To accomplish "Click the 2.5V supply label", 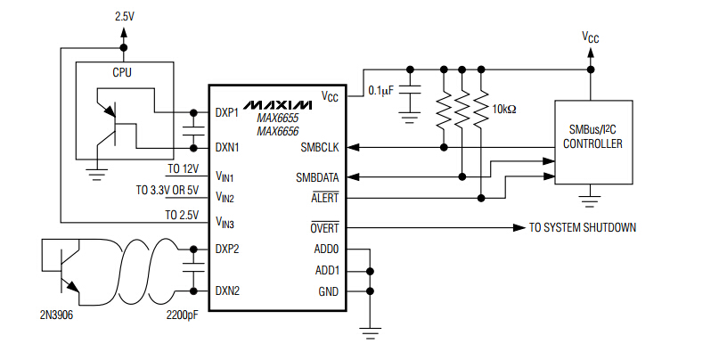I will point(124,17).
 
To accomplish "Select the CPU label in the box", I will point(122,72).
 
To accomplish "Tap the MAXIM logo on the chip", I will point(277,96).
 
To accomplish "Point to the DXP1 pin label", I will point(227,113).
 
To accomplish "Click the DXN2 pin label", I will point(227,290).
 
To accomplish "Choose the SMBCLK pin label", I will point(320,146).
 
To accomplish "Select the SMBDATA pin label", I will point(317,177).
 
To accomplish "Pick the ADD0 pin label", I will point(327,250).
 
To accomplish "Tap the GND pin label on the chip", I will point(328,290).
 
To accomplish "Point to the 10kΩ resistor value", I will point(504,110).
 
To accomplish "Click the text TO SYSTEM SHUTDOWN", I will point(583,228).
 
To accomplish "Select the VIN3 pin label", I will point(225,219).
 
